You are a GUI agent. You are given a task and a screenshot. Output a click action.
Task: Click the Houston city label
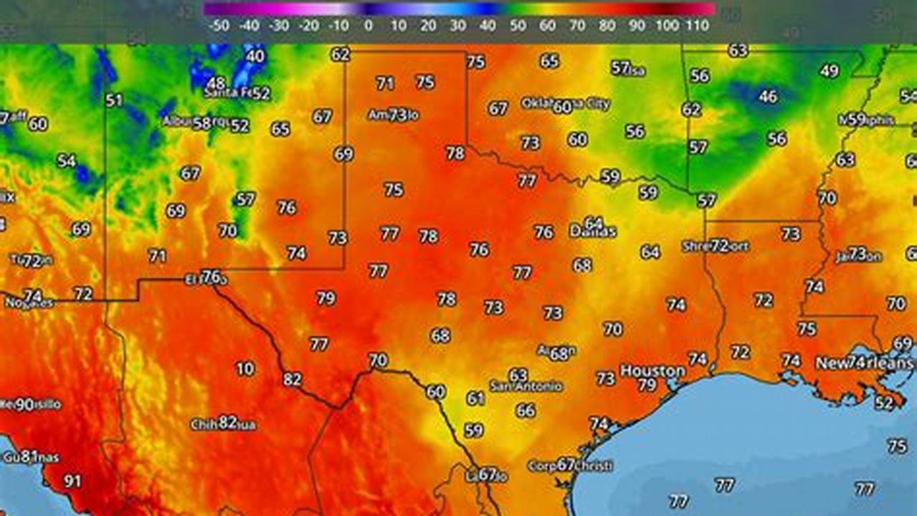[x=652, y=371]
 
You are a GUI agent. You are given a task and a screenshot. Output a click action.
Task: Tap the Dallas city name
[x=593, y=232]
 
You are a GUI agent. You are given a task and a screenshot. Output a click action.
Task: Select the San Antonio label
[x=526, y=386]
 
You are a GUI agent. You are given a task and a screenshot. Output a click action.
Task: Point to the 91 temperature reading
[x=72, y=481]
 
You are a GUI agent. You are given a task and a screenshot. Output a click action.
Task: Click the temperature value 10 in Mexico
[x=245, y=368]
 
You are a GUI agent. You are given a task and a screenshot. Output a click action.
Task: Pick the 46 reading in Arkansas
[x=768, y=96]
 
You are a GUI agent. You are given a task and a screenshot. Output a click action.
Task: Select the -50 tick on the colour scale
[x=218, y=26]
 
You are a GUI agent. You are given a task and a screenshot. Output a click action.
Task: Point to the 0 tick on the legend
[x=368, y=26]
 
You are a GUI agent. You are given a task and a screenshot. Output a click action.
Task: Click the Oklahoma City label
[x=566, y=104]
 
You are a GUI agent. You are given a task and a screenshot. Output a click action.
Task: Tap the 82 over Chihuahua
[x=227, y=422]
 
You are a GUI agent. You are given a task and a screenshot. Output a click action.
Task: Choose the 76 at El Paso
[x=212, y=276]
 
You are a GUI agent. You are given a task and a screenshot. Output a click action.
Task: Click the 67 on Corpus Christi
[x=566, y=464]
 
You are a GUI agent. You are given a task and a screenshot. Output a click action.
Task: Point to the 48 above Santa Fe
[x=216, y=83]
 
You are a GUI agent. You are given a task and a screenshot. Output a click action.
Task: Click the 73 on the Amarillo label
[x=397, y=115]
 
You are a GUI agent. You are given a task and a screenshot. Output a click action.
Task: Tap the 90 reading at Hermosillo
[x=24, y=404]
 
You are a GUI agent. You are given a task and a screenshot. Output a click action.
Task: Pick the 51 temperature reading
[x=114, y=100]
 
